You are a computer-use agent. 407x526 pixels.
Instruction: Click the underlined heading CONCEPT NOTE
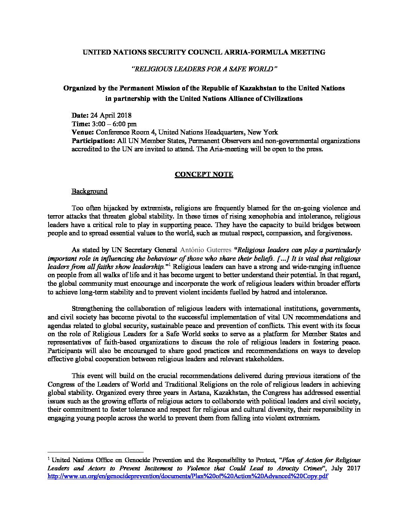coord(204,175)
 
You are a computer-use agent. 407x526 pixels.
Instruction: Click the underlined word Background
coord(89,191)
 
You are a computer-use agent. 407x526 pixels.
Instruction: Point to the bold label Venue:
coord(83,132)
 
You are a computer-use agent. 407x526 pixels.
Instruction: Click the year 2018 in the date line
coord(124,115)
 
